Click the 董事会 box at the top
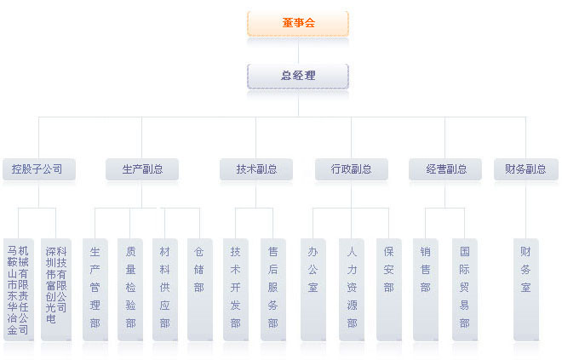point(298,23)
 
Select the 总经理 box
point(298,76)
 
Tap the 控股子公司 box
point(38,169)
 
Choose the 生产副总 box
point(142,169)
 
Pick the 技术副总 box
point(256,169)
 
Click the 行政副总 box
point(351,169)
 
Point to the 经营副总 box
point(445,169)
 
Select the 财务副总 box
point(525,169)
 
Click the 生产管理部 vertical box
point(95,288)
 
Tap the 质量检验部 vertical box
point(130,288)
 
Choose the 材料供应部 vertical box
point(164,288)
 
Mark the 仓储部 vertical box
point(198,288)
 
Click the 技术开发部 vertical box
point(235,288)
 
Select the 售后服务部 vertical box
point(272,288)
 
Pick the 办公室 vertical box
point(313,288)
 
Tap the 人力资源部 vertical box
point(351,288)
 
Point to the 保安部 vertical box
point(387,288)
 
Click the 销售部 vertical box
point(425,288)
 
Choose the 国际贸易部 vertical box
point(464,288)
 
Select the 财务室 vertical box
point(525,288)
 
